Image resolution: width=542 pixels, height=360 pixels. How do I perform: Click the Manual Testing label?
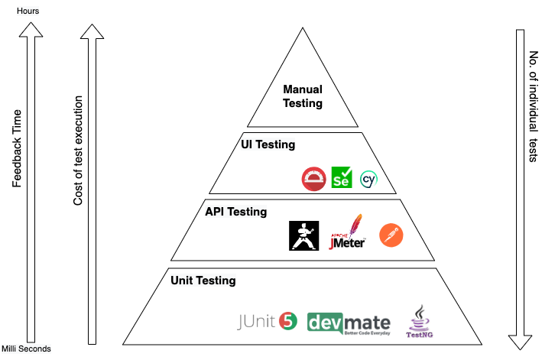pyautogui.click(x=303, y=96)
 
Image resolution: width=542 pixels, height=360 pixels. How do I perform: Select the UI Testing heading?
pyautogui.click(x=268, y=144)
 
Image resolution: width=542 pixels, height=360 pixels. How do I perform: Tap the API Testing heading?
pyautogui.click(x=236, y=211)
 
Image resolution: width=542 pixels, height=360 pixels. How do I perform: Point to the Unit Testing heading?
pyautogui.click(x=203, y=281)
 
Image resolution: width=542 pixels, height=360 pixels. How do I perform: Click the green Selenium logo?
pyautogui.click(x=342, y=178)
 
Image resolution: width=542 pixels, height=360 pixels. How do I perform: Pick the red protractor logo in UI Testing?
pyautogui.click(x=313, y=179)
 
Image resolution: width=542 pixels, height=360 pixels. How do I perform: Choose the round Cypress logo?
pyautogui.click(x=369, y=180)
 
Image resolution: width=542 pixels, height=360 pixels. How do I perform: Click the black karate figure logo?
pyautogui.click(x=303, y=235)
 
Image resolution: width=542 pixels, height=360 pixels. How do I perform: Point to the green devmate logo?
pyautogui.click(x=349, y=323)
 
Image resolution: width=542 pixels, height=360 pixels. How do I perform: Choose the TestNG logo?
pyautogui.click(x=420, y=322)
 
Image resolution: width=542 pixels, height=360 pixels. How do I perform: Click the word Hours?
pyautogui.click(x=28, y=11)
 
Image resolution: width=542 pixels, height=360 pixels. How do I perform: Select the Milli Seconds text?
pyautogui.click(x=26, y=349)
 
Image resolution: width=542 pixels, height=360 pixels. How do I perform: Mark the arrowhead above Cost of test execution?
pyautogui.click(x=89, y=31)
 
